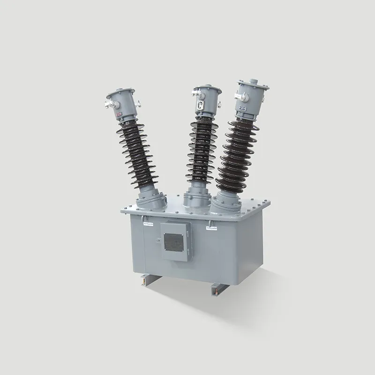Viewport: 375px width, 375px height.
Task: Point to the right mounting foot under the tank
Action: pyautogui.click(x=216, y=291)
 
